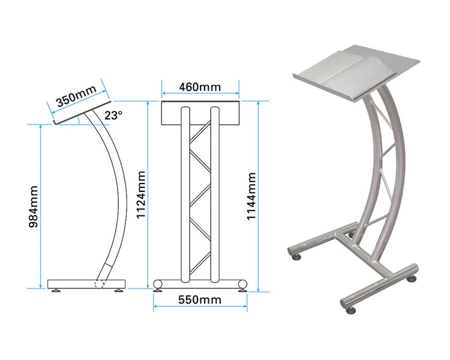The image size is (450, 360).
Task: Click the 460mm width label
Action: coord(200,87)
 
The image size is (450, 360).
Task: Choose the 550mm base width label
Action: coord(200,299)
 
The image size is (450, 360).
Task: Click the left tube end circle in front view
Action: coord(158,283)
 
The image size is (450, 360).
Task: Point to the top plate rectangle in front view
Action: coord(200,114)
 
